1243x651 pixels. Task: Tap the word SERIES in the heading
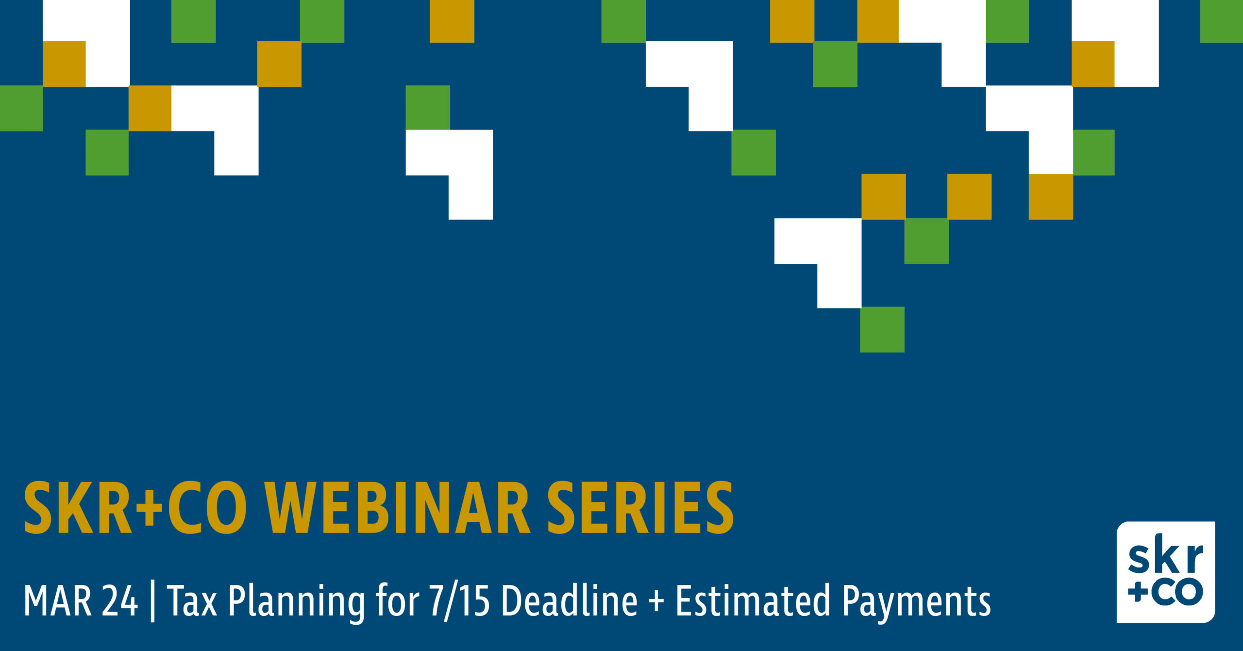pos(640,508)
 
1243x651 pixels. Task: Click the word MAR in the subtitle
pos(57,601)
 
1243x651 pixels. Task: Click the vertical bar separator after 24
pos(153,602)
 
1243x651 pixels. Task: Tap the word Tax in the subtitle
pos(192,601)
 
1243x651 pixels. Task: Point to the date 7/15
pos(459,601)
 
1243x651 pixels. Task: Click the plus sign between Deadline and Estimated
pos(656,602)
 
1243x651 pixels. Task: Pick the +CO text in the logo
pos(1165,592)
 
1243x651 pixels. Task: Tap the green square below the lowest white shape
pos(882,329)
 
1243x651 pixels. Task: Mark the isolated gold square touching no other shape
pos(452,21)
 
